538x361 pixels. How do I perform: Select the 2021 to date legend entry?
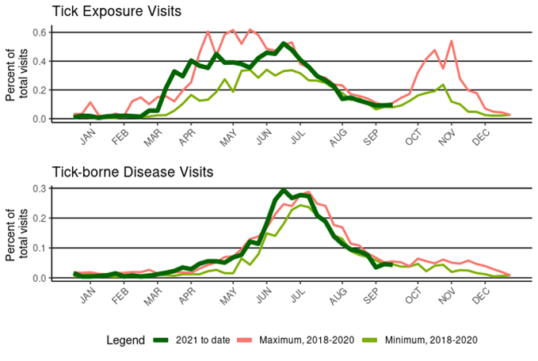[193, 340]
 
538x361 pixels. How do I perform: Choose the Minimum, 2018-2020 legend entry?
[430, 340]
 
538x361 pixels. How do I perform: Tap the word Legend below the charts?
[125, 340]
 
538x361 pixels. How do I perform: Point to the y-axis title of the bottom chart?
[17, 234]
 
